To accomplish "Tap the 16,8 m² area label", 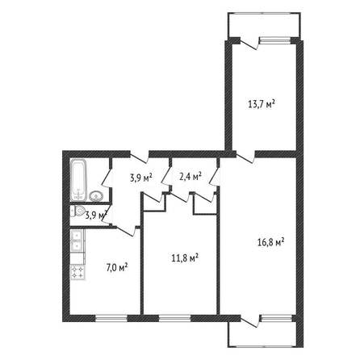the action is click(x=271, y=242).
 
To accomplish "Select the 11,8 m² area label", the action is click(x=185, y=258).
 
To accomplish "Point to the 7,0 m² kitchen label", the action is click(x=117, y=268).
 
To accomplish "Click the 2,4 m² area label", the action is click(x=190, y=178).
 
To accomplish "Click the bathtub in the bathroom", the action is click(x=78, y=180).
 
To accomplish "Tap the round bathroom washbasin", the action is click(x=96, y=196).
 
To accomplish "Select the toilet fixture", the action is click(x=77, y=211).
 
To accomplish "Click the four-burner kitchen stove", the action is click(x=77, y=272).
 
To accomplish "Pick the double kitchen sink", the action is click(x=77, y=241).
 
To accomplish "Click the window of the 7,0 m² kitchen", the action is click(x=111, y=319).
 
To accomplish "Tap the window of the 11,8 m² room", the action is click(x=174, y=319).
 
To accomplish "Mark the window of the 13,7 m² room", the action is click(x=275, y=40).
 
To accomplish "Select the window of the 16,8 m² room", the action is click(x=277, y=319).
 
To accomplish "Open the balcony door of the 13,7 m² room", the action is click(x=249, y=44).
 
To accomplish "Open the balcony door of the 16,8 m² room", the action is click(x=250, y=321).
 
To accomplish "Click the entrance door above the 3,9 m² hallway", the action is click(x=140, y=157).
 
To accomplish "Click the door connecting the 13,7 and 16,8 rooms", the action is click(x=245, y=157).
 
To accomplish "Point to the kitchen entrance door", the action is click(x=126, y=231).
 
